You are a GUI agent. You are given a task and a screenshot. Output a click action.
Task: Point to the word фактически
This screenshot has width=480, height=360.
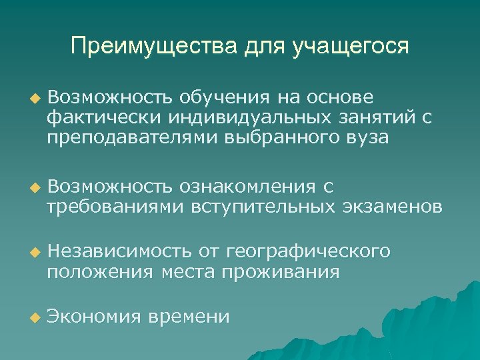[95, 119]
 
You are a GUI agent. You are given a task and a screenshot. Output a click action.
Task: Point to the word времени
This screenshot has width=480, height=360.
[191, 317]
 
